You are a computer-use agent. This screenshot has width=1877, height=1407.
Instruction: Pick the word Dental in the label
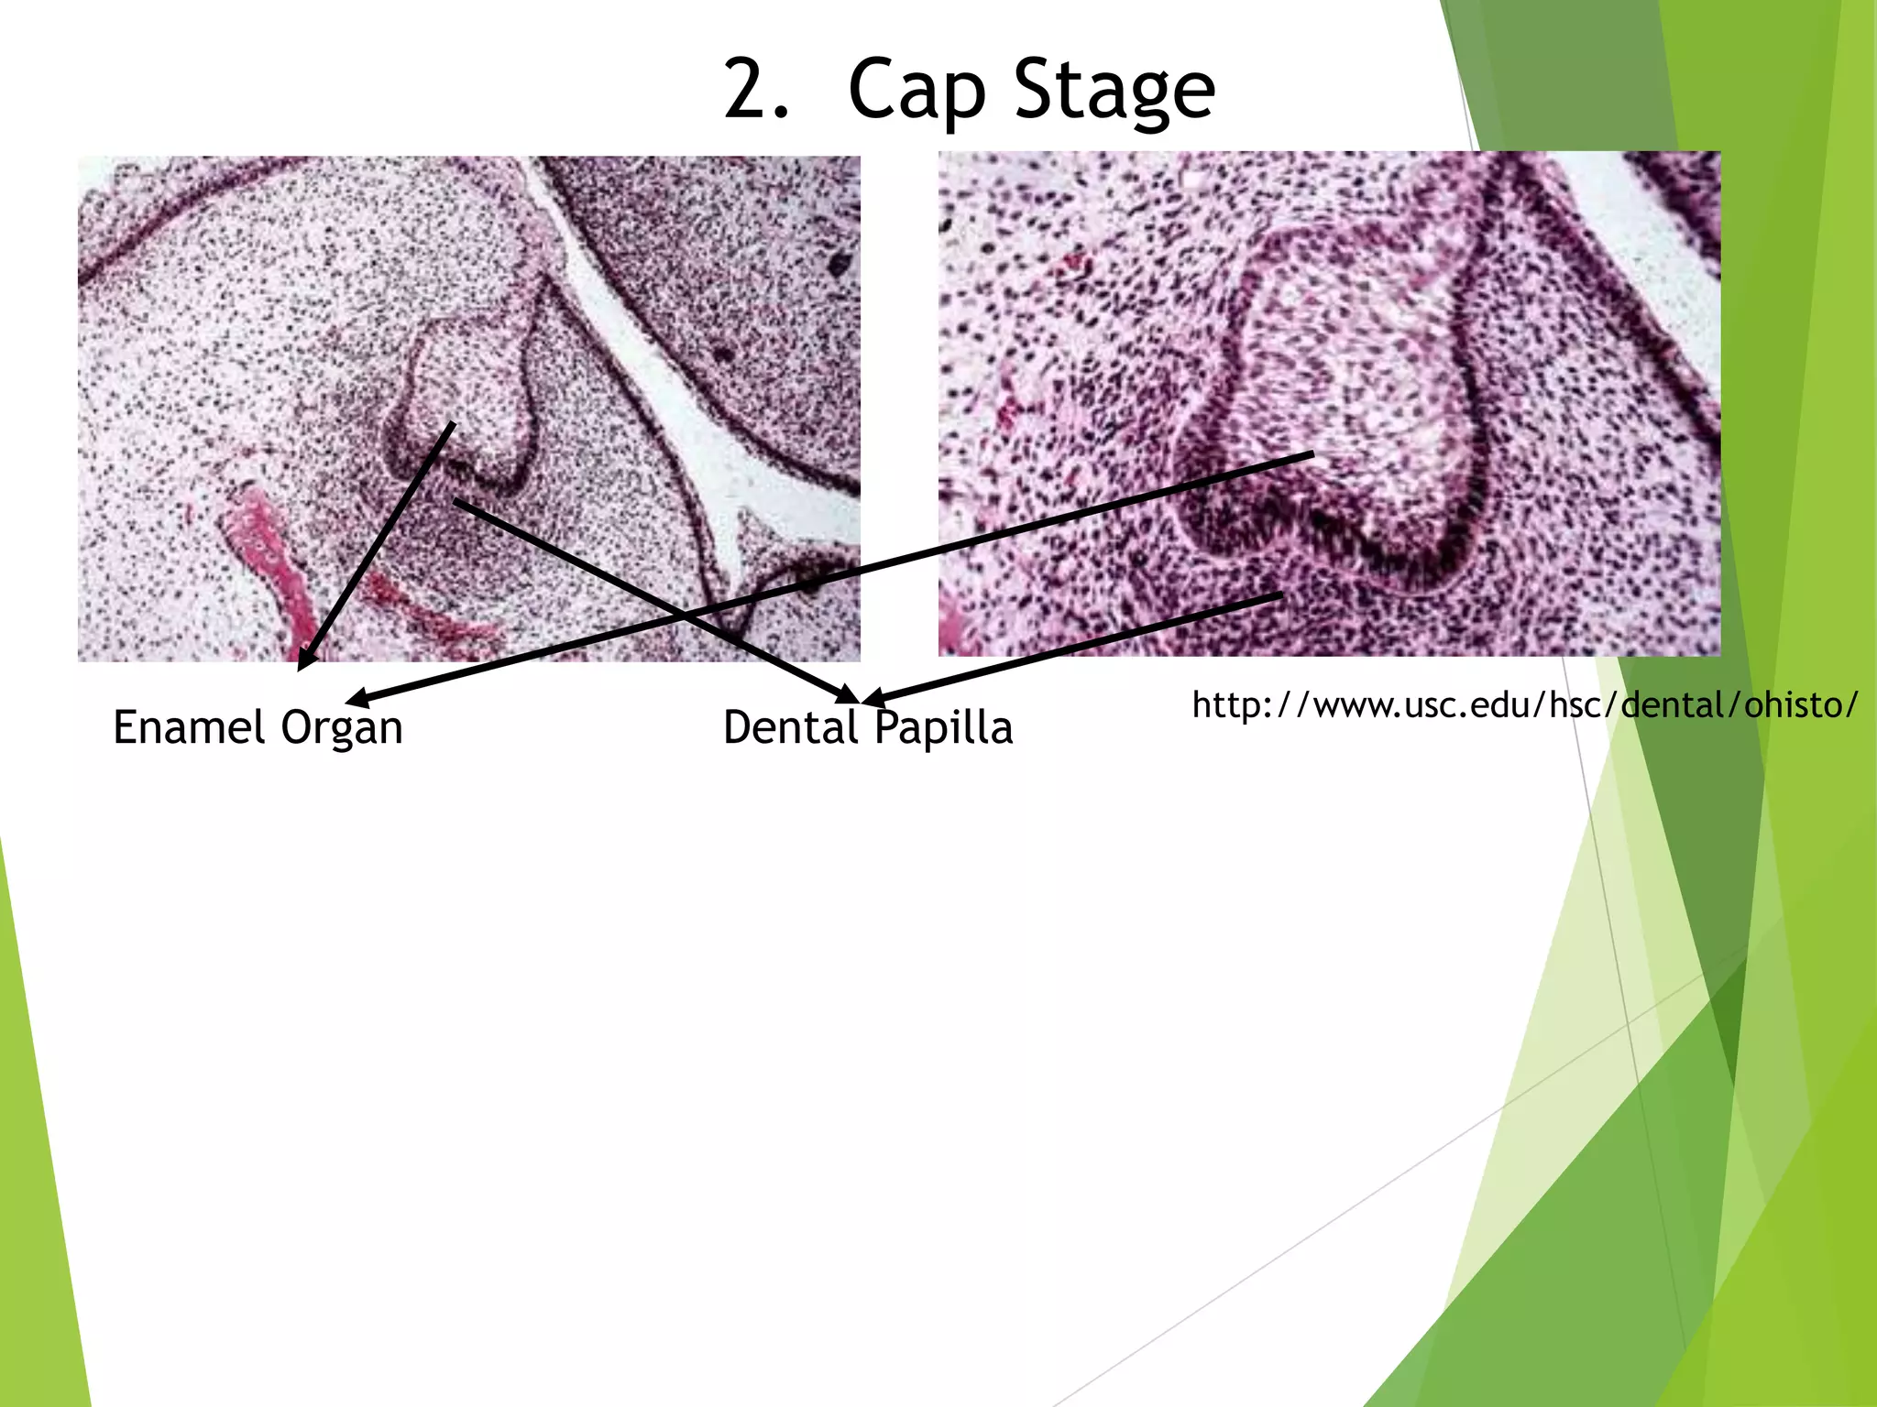(790, 727)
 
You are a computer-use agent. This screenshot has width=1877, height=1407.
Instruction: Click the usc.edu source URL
(1525, 705)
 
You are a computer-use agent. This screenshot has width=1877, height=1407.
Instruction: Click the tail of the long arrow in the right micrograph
(1311, 454)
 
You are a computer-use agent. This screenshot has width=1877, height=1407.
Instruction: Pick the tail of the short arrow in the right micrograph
(1279, 596)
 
